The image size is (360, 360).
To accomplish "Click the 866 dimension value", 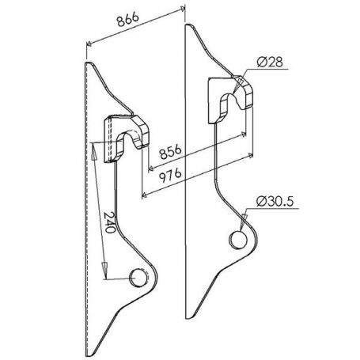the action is coord(128,19).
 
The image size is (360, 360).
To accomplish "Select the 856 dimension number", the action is coord(171,152).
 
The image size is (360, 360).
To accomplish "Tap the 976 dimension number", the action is coord(171,176).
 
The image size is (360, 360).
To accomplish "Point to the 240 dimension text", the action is coord(110,222).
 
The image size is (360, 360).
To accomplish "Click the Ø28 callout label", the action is coord(270,63).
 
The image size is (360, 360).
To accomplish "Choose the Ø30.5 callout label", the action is coord(275,202).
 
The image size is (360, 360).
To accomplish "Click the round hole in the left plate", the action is coord(138,278).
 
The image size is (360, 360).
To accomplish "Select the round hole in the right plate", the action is coord(238,240).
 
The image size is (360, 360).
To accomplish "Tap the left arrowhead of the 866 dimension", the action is coord(89,44).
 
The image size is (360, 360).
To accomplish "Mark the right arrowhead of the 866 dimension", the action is coord(182,9).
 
